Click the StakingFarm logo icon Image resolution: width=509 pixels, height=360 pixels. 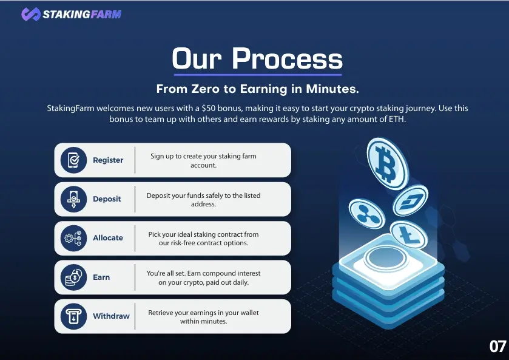click(x=31, y=15)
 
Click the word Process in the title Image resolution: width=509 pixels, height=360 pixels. click(x=288, y=58)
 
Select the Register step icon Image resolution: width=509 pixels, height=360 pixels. click(x=73, y=160)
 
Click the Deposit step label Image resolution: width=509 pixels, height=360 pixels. click(x=107, y=199)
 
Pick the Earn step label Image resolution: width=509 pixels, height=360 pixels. click(x=101, y=277)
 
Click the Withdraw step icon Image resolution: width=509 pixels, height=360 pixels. click(x=73, y=316)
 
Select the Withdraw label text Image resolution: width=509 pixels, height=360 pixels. click(x=111, y=316)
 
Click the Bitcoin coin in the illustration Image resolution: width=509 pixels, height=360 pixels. click(x=387, y=163)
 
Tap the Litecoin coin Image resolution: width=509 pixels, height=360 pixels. click(x=409, y=236)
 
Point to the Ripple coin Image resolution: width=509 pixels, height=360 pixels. click(x=367, y=214)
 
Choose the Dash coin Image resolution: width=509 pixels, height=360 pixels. click(x=410, y=201)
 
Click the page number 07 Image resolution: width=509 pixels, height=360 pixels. click(x=497, y=347)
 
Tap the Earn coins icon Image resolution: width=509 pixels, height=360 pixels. click(x=73, y=277)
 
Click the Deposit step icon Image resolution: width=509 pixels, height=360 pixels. click(x=73, y=199)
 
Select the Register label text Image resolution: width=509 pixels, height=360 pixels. click(x=108, y=160)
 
